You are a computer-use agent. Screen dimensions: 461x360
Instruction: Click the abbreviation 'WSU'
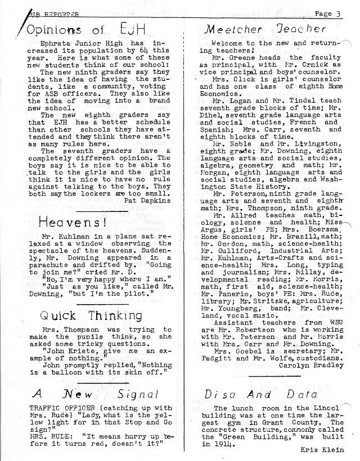[x=332, y=322]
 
